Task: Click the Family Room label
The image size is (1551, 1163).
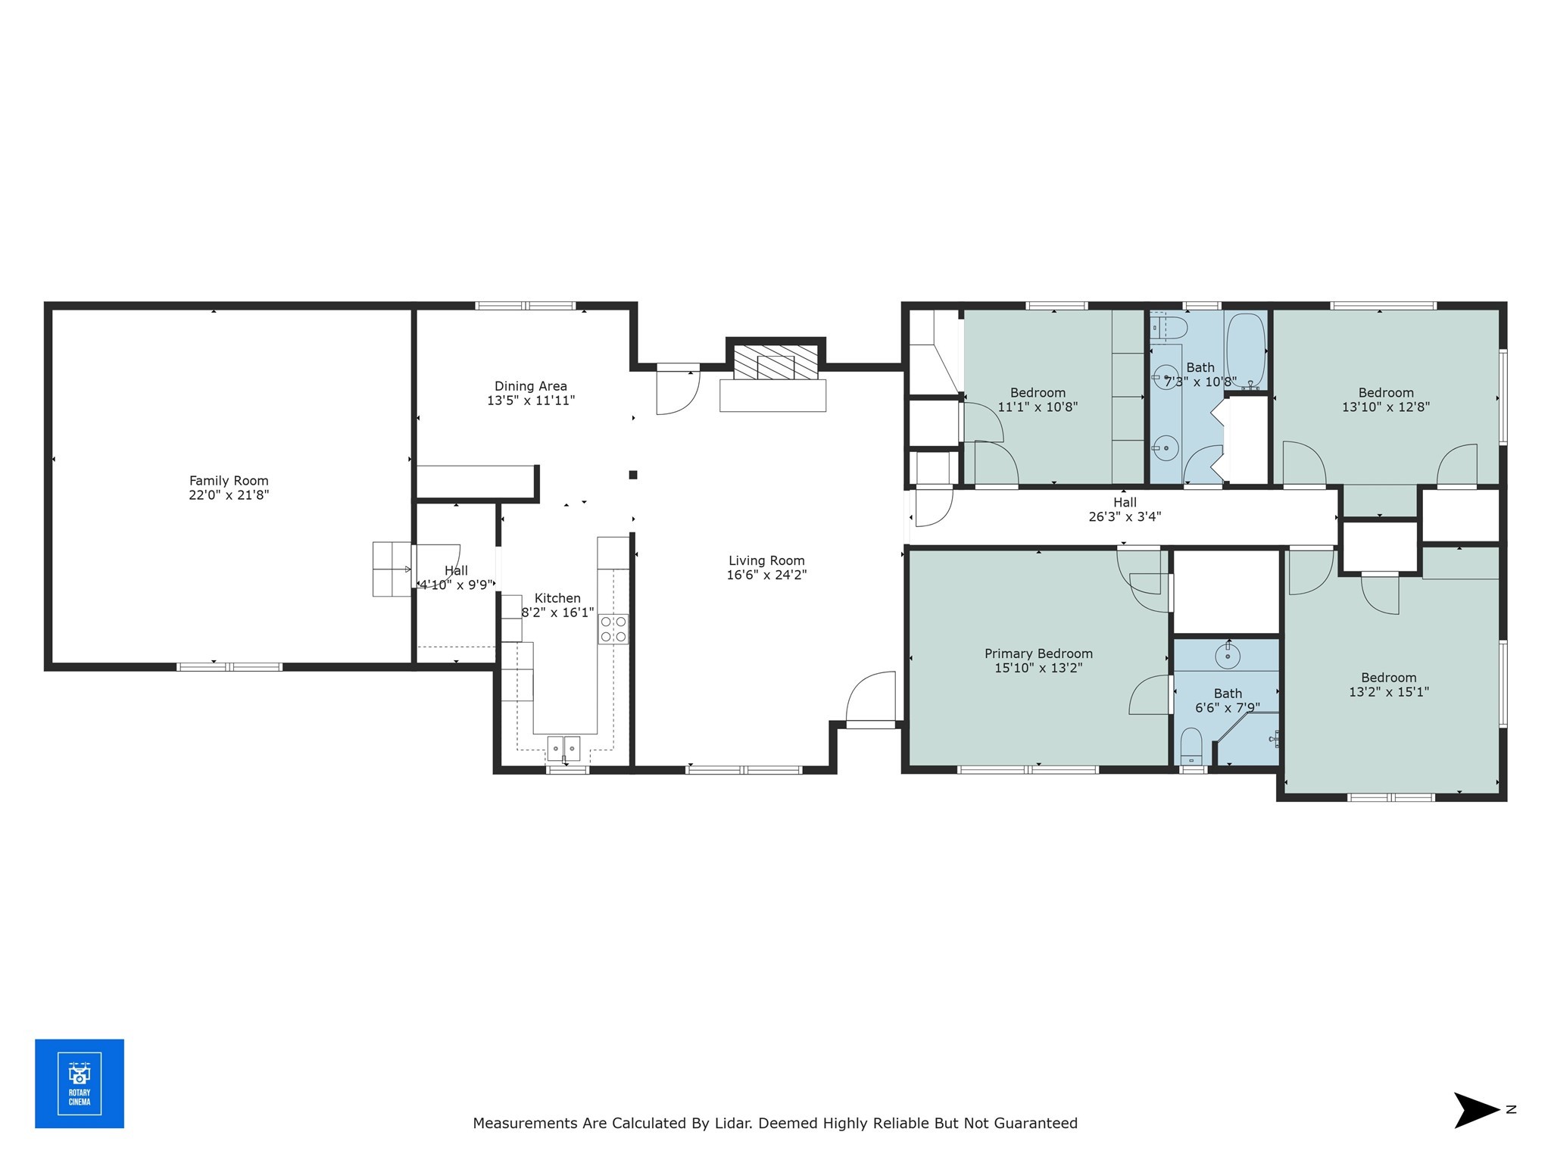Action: pos(229,481)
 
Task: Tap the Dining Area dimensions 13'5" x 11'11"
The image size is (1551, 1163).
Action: pos(531,401)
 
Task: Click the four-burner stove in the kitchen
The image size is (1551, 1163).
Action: pos(613,628)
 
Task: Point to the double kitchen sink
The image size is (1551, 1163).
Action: pos(564,748)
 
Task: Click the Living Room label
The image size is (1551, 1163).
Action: pos(766,561)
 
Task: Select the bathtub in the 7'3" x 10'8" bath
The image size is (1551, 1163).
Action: pos(1245,350)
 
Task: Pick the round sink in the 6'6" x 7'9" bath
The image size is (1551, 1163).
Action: pos(1227,656)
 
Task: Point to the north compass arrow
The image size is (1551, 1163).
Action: pos(1475,1110)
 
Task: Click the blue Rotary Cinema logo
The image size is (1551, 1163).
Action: pos(80,1083)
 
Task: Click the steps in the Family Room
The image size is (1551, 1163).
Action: pos(392,569)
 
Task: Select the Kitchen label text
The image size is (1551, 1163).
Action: pos(557,598)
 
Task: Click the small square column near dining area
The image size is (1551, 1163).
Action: pos(633,475)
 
